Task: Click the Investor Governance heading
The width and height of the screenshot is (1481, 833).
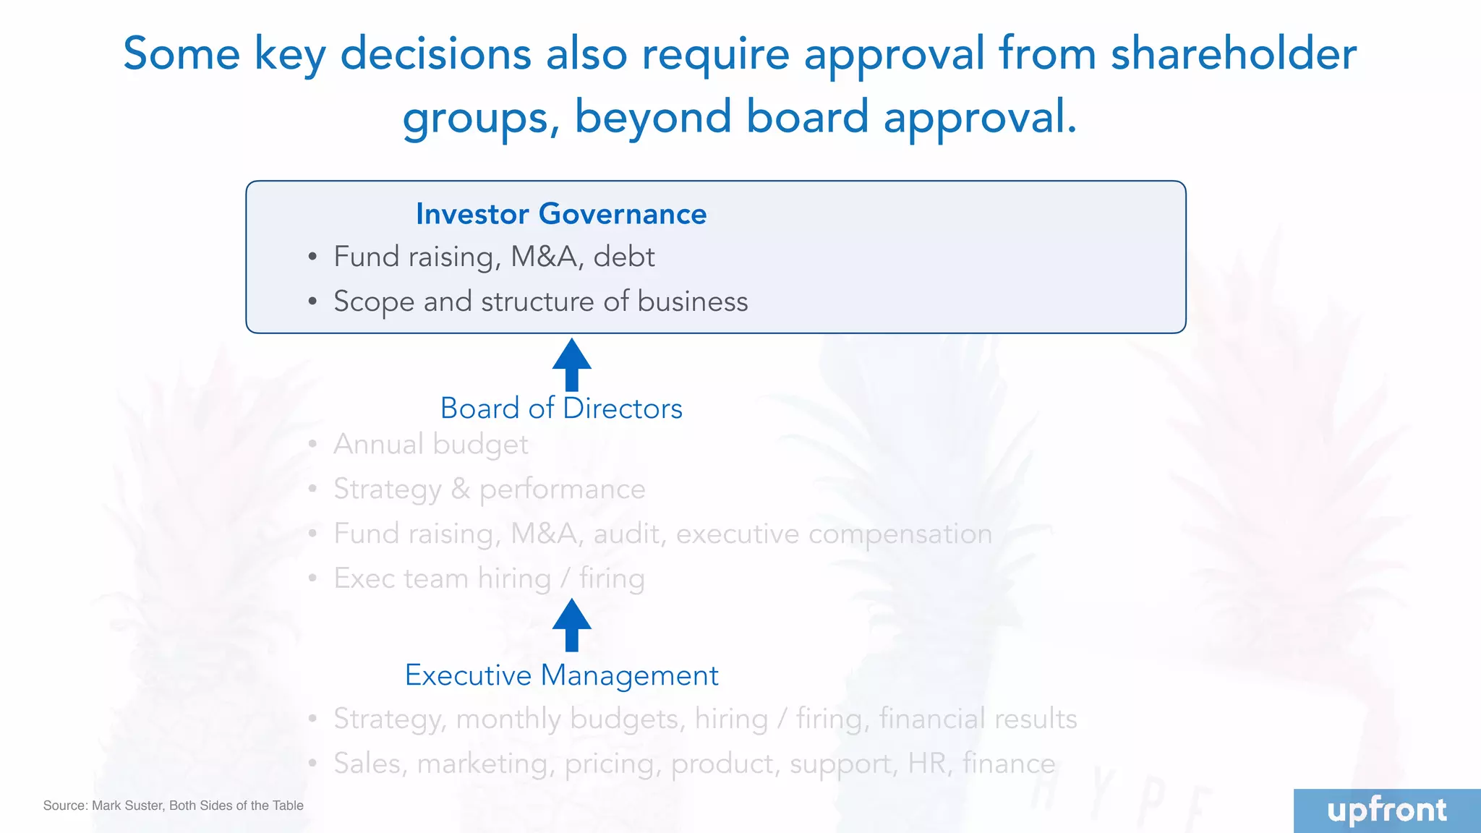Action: pyautogui.click(x=561, y=214)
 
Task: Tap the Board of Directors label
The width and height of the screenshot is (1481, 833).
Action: pyautogui.click(x=561, y=409)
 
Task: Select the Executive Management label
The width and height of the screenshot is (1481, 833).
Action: pyautogui.click(x=561, y=675)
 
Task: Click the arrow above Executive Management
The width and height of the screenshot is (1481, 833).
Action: pyautogui.click(x=571, y=625)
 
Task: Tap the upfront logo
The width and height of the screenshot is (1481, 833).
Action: pyautogui.click(x=1386, y=811)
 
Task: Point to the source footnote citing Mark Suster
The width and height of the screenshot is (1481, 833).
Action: pyautogui.click(x=174, y=806)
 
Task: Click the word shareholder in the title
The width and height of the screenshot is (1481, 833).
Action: pyautogui.click(x=1234, y=54)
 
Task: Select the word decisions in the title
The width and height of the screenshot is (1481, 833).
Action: pyautogui.click(x=435, y=54)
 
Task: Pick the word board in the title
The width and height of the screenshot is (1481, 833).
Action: pyautogui.click(x=807, y=117)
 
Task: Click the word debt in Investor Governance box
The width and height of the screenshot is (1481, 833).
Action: pyautogui.click(x=624, y=257)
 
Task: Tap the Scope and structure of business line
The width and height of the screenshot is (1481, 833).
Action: pyautogui.click(x=540, y=302)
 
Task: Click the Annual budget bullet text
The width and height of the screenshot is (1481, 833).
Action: pyautogui.click(x=430, y=444)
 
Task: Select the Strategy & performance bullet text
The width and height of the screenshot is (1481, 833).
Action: pyautogui.click(x=489, y=490)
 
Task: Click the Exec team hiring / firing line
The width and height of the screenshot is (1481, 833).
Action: pyautogui.click(x=489, y=578)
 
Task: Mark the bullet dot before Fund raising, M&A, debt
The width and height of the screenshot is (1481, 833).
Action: pyautogui.click(x=312, y=257)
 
